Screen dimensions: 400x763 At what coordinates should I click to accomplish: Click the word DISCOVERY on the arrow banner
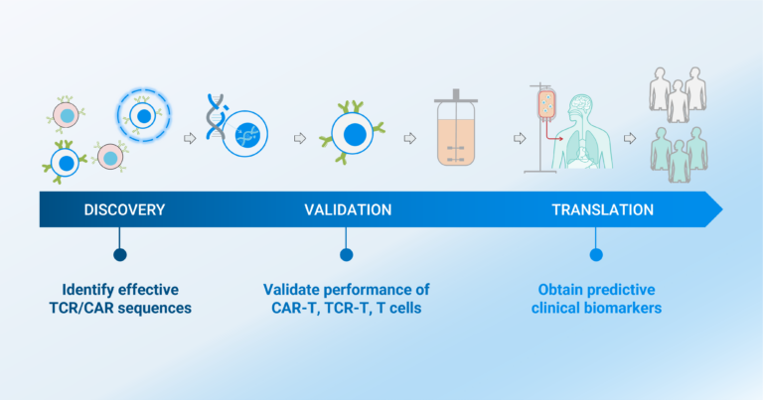pos(124,209)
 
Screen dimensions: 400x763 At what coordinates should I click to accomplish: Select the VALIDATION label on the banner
pos(347,209)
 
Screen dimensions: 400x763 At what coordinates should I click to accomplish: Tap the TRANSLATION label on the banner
pos(602,209)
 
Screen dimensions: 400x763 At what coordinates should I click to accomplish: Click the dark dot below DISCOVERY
pos(120,254)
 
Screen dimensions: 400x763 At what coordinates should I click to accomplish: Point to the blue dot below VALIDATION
pos(346,254)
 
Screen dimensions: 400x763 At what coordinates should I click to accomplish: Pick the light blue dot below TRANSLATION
pos(596,254)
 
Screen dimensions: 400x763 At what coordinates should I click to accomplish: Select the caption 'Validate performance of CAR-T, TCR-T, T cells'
pos(346,299)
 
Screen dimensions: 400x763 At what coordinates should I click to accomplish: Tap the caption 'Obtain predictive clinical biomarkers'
pos(597,299)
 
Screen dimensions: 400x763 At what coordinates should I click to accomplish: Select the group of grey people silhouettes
pos(679,95)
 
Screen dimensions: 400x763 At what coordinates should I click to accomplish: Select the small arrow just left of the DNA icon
pos(190,139)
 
